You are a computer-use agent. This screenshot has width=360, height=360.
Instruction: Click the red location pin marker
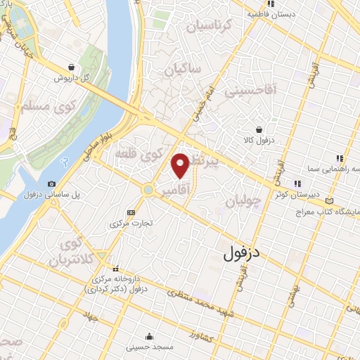pyautogui.click(x=181, y=165)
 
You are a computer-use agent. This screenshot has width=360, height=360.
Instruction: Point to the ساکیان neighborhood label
pyautogui.click(x=184, y=70)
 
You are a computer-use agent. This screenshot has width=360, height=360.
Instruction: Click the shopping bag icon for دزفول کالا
pyautogui.click(x=260, y=129)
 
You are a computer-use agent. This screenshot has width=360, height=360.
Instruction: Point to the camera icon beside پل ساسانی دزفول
pyautogui.click(x=51, y=184)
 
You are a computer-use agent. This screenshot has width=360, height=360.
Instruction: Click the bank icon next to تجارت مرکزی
pyautogui.click(x=130, y=212)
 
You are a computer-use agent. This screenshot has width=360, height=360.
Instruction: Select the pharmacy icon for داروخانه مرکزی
pyautogui.click(x=116, y=268)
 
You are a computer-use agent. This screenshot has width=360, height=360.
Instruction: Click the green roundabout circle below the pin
pyautogui.click(x=148, y=189)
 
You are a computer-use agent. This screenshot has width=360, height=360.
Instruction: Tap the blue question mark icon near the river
pyautogui.click(x=64, y=162)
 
